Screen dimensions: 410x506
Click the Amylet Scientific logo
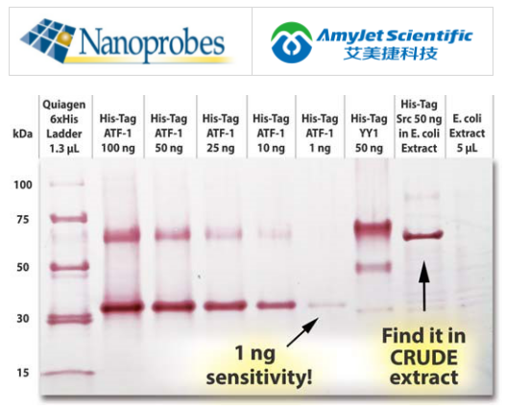371,41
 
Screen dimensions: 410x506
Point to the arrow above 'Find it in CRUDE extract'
422,283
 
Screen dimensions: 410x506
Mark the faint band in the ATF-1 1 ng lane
324,305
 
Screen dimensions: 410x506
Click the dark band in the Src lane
422,234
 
